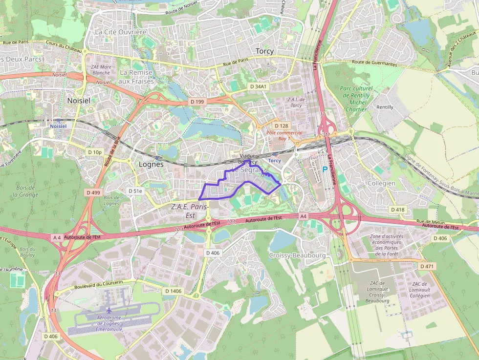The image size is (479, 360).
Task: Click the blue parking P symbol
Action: click(325, 169)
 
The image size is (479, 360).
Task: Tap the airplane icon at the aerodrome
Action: click(109, 310)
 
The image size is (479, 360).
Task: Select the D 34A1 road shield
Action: click(259, 86)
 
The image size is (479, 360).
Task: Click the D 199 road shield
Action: click(197, 102)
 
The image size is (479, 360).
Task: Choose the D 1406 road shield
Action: click(173, 291)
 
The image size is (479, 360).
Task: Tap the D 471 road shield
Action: click(427, 267)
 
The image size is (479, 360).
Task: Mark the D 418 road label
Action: click(398, 209)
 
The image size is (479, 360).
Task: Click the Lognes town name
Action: click(151, 165)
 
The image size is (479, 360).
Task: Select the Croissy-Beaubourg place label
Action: click(297, 255)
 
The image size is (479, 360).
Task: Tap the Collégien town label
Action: click(381, 183)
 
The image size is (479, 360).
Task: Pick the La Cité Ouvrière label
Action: click(121, 32)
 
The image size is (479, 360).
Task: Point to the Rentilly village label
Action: click(385, 107)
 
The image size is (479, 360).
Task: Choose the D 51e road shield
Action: click(135, 191)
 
